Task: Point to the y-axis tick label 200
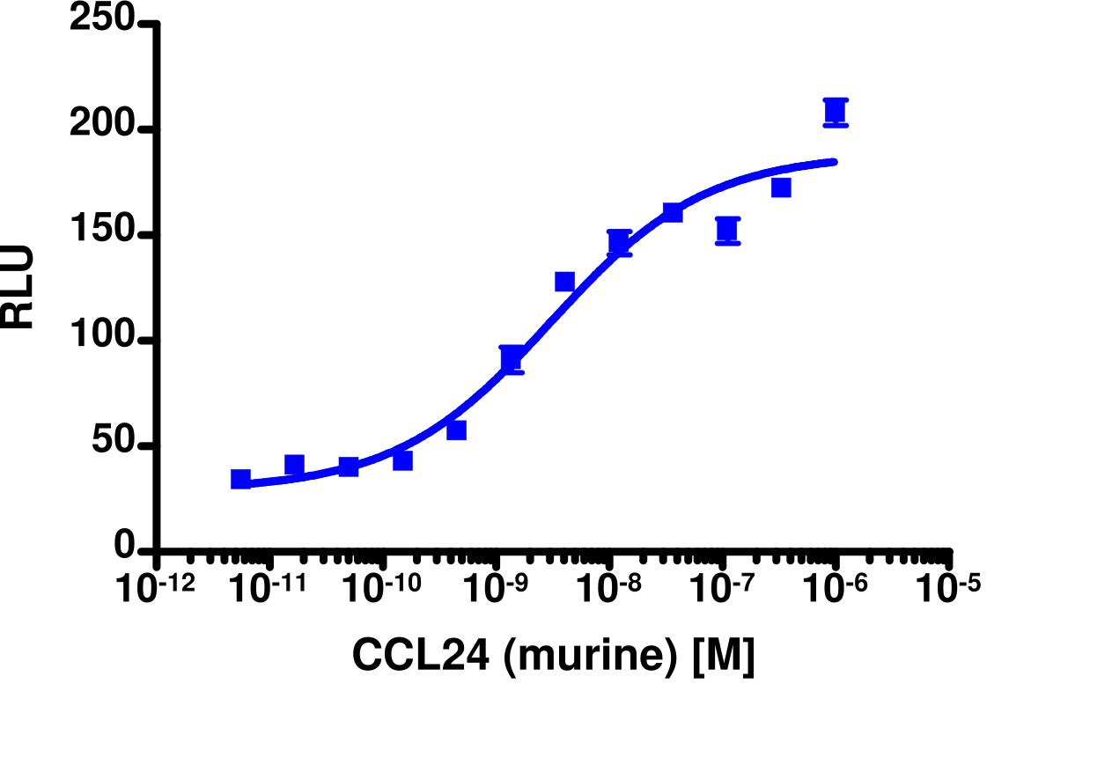coord(102,129)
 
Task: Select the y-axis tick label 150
coord(102,235)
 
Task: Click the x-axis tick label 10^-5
coord(948,588)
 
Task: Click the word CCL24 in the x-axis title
coord(420,656)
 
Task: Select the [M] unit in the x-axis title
coord(724,656)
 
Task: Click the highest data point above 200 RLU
coord(836,112)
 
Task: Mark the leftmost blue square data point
coord(240,479)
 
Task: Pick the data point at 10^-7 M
coord(727,231)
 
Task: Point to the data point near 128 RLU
coord(564,282)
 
